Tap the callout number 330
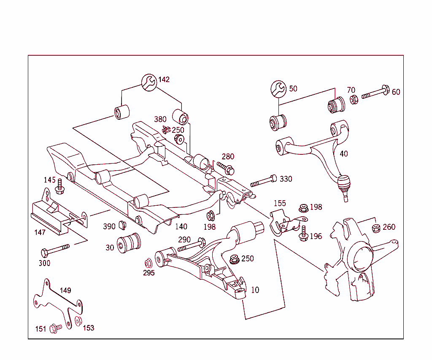[x=286, y=179]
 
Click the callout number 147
[x=40, y=232]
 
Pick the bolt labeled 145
[x=59, y=187]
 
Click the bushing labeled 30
[x=130, y=243]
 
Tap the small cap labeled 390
[x=123, y=224]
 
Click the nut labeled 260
[x=375, y=228]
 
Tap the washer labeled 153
[x=78, y=321]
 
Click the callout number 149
[x=65, y=290]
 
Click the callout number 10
[x=255, y=290]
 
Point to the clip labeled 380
[x=166, y=129]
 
